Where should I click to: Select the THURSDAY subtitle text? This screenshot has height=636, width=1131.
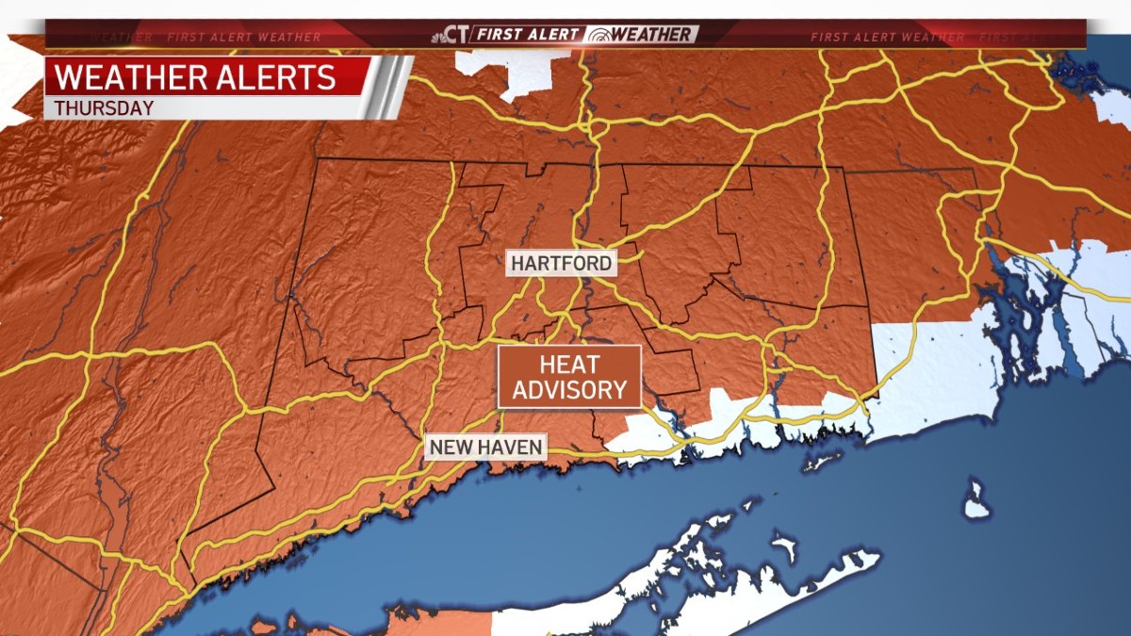[x=104, y=107]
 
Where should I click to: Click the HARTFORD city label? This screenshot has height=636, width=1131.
[x=562, y=263]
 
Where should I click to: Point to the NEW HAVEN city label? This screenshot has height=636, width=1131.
[x=485, y=447]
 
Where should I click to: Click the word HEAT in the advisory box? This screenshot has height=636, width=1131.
[x=569, y=365]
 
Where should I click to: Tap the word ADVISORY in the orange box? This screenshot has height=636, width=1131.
[x=569, y=389]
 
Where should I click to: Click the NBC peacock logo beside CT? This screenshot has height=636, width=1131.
[x=438, y=35]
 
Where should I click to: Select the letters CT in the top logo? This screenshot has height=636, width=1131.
[x=457, y=35]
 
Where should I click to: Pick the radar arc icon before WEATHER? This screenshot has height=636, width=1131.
[x=597, y=36]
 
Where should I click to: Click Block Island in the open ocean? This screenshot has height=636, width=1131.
[x=976, y=498]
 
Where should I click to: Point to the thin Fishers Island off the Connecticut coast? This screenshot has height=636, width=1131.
[x=820, y=462]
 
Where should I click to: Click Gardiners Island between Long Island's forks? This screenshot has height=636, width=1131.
[x=783, y=545]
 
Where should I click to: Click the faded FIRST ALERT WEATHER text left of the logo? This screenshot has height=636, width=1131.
[x=245, y=38]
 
